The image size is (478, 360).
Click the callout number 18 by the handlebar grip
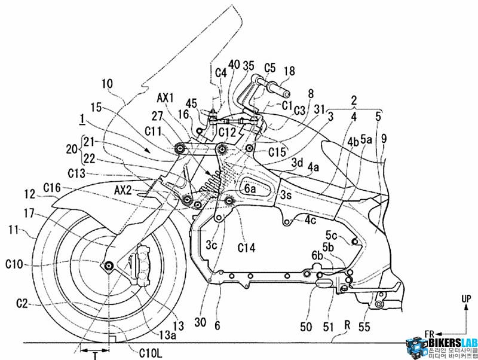(289, 71)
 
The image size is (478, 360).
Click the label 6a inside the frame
(249, 187)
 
